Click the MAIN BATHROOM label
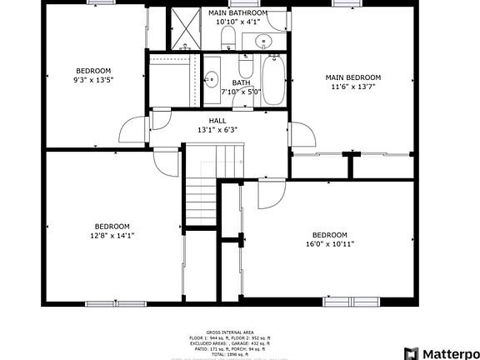238,13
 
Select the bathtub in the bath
272,81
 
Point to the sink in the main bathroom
264,40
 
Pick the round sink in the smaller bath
212,80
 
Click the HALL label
217,121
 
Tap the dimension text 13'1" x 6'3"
217,130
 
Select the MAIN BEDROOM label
352,77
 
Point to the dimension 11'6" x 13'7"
352,87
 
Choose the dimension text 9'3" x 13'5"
93,81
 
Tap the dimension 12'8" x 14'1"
112,236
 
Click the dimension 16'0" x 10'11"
330,244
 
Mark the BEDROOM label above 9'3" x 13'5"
93,71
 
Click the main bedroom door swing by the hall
299,135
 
